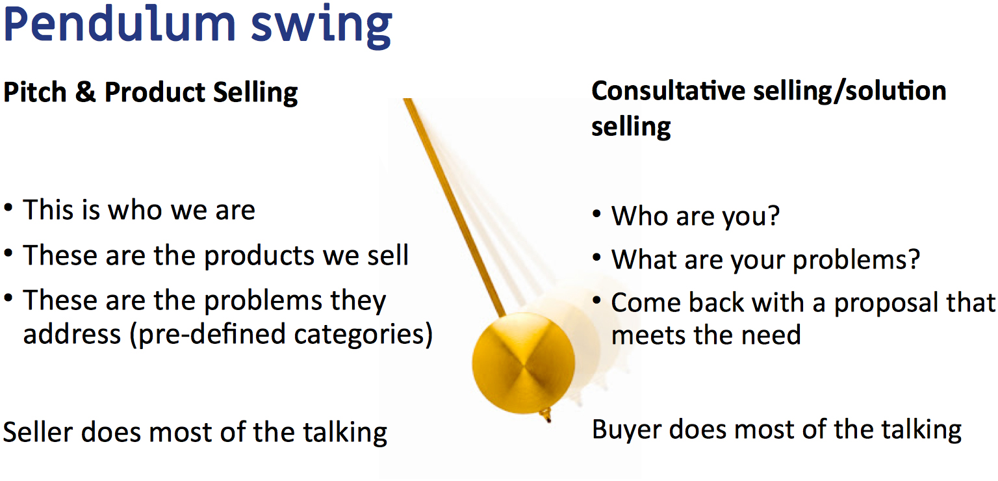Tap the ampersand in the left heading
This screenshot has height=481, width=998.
85,92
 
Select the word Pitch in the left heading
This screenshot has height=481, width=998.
35,93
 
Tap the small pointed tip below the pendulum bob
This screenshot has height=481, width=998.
548,416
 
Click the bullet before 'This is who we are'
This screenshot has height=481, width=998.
8,209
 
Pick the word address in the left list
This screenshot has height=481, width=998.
72,335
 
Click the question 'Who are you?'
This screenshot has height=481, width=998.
695,215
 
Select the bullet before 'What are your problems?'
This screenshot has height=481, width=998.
597,258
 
